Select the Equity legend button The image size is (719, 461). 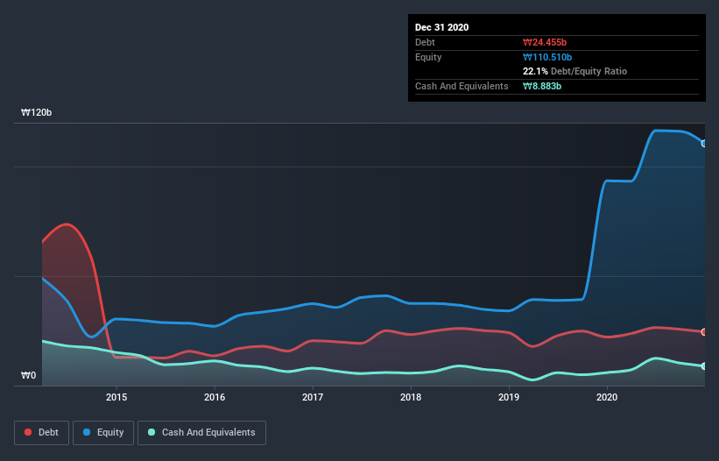pyautogui.click(x=103, y=432)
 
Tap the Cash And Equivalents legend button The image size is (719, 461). pyautogui.click(x=201, y=432)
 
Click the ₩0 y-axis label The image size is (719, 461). pyautogui.click(x=30, y=376)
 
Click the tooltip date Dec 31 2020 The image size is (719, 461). pyautogui.click(x=442, y=27)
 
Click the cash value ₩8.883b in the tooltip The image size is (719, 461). pyautogui.click(x=543, y=86)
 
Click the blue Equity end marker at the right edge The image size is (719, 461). pyautogui.click(x=703, y=143)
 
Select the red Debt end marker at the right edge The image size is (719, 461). pyautogui.click(x=703, y=332)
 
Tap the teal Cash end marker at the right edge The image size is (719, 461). pyautogui.click(x=703, y=366)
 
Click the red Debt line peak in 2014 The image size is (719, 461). pyautogui.click(x=67, y=224)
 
